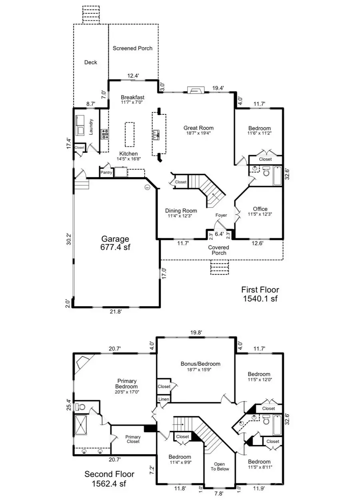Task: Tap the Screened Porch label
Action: [x=132, y=48]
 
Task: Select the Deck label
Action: [x=91, y=62]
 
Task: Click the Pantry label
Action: [x=106, y=172]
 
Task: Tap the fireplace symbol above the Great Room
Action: [x=196, y=90]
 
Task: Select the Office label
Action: [x=260, y=209]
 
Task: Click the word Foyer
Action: [x=221, y=215]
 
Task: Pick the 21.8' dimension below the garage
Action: [x=116, y=312]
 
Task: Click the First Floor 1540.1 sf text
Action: [x=260, y=294]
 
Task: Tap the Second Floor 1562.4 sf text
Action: [x=109, y=479]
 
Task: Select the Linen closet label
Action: [x=163, y=399]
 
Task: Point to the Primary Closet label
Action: [x=133, y=439]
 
